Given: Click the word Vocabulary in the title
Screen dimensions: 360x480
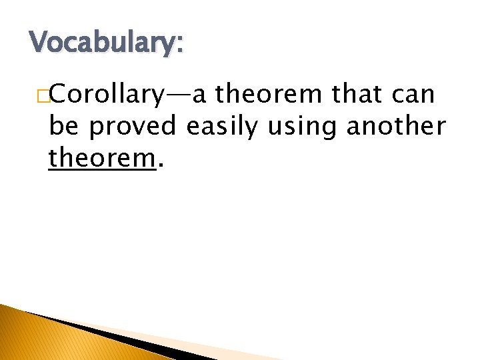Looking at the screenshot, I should tap(104, 43).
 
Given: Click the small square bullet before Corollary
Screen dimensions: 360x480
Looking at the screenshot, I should tap(43, 97).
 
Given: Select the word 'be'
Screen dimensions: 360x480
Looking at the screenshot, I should tap(64, 126).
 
